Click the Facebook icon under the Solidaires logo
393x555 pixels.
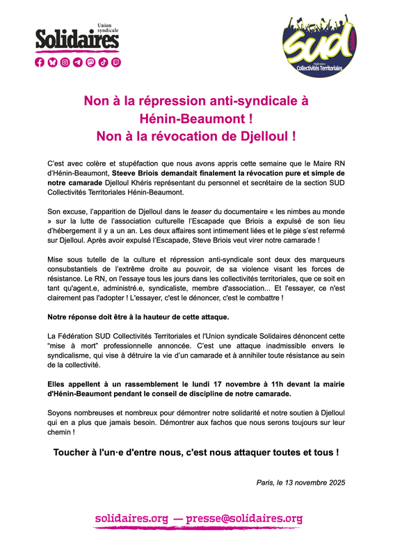tap(39, 62)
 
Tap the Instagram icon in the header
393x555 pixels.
tap(65, 62)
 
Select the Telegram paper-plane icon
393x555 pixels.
tap(78, 62)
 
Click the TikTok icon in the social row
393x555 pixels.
tap(103, 62)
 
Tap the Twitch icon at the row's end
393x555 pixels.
tap(116, 62)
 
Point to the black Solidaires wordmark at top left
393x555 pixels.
tap(77, 40)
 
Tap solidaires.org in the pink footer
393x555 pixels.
tap(132, 518)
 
